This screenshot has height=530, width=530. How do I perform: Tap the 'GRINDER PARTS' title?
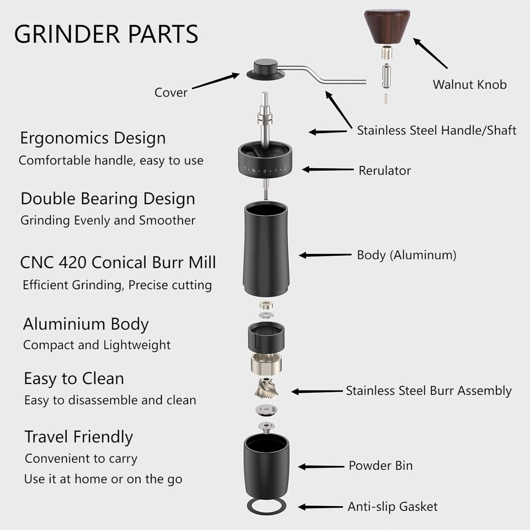[106, 34]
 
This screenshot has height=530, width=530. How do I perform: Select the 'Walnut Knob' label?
[470, 84]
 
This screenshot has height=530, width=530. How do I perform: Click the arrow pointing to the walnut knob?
[430, 53]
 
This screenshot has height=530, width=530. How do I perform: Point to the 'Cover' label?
[171, 93]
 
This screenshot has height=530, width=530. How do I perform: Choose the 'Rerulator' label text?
[384, 171]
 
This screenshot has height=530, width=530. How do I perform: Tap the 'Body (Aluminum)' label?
[406, 255]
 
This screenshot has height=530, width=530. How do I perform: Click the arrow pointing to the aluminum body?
[325, 255]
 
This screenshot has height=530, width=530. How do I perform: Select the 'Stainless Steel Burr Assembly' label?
[429, 391]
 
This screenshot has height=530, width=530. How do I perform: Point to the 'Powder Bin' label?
[381, 466]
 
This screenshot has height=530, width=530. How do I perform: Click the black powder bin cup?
[266, 465]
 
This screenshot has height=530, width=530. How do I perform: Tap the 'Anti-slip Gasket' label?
[393, 507]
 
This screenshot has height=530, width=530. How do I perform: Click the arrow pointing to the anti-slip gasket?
[320, 507]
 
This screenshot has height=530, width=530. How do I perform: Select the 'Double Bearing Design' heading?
[108, 199]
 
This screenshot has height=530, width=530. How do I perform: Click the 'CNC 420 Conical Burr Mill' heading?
[118, 263]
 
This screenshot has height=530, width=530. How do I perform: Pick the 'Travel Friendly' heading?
[78, 437]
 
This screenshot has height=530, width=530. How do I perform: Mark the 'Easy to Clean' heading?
[74, 378]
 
